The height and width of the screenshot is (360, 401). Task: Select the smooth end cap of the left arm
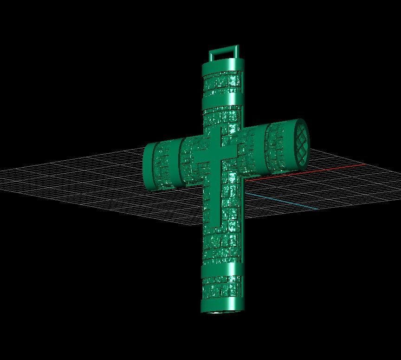(x=149, y=166)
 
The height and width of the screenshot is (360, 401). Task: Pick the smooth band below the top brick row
(x=222, y=101)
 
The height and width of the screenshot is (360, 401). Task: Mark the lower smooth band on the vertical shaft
(x=221, y=269)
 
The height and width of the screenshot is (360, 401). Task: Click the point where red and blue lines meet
(x=245, y=192)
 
